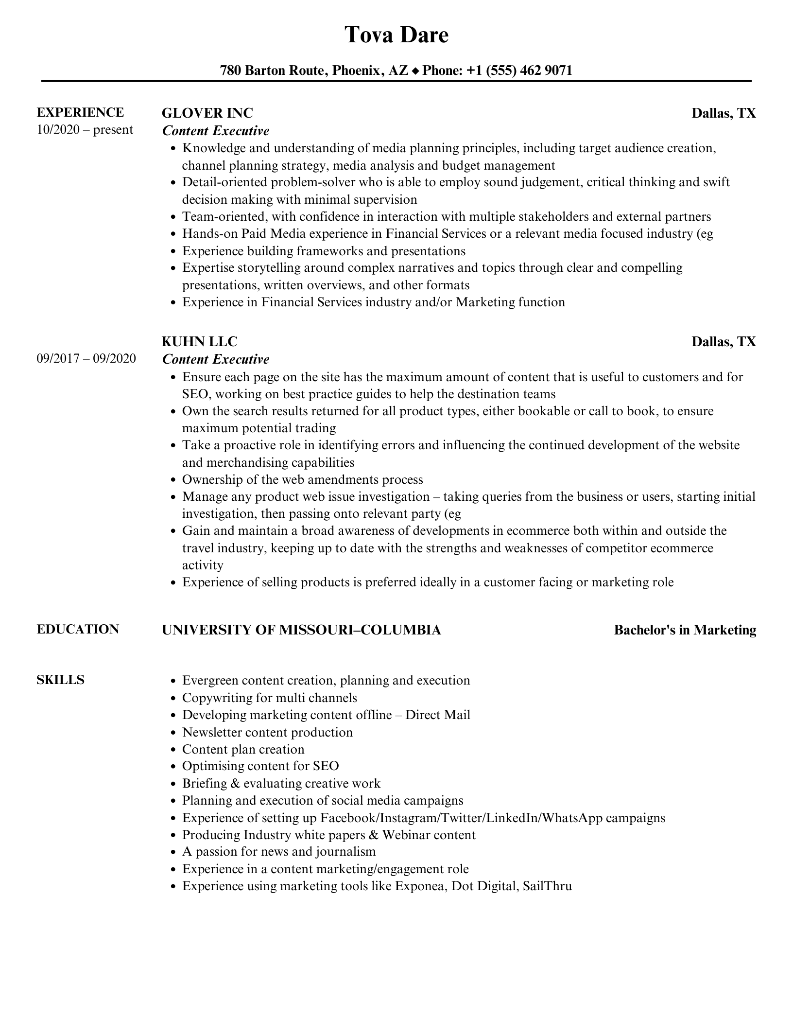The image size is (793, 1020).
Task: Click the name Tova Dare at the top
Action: coord(396,35)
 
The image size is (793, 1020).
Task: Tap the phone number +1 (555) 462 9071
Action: coord(519,70)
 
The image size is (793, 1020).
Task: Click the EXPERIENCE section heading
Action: coord(80,112)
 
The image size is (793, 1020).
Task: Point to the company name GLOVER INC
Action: coord(207,113)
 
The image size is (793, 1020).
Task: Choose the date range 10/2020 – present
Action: coord(85,130)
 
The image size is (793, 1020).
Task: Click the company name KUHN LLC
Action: coord(199,342)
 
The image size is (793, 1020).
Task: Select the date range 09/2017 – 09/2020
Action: coord(86,359)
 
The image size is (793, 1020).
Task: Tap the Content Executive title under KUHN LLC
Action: coord(216,359)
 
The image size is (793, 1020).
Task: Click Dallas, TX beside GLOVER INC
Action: coord(724,113)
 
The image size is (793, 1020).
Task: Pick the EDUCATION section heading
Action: coord(78,629)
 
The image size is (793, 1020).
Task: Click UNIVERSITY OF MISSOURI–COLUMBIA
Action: coord(301,630)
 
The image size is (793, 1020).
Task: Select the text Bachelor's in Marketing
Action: coord(685,630)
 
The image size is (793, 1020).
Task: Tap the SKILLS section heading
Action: coord(60,680)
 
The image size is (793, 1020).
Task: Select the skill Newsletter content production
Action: coord(267,732)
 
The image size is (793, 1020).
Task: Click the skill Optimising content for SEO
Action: coord(260,766)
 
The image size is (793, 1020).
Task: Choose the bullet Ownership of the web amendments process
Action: coord(302,480)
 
